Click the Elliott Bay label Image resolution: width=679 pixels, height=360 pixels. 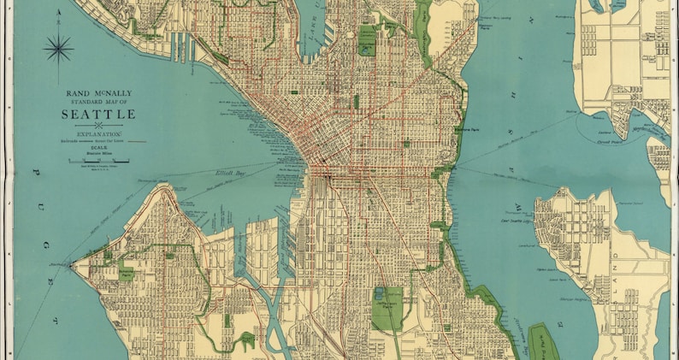coord(230,174)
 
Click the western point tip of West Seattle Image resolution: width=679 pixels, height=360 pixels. coord(71,265)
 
